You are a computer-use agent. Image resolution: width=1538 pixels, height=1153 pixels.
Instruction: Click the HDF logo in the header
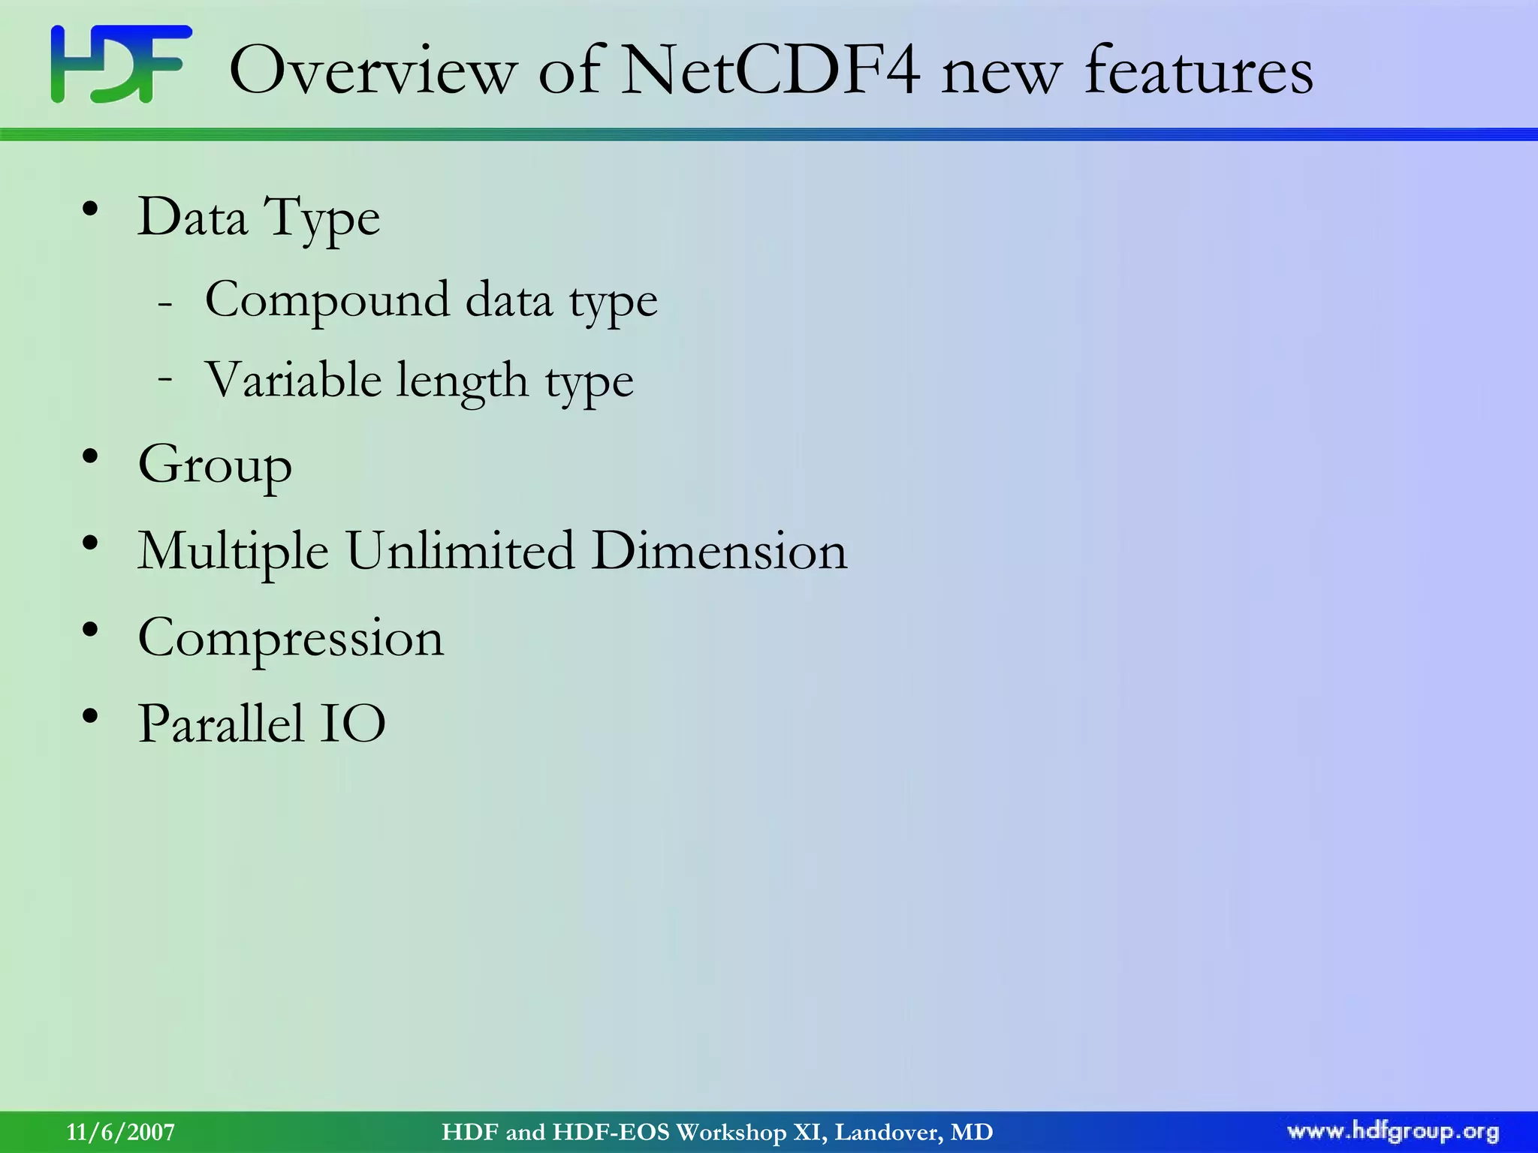pyautogui.click(x=121, y=65)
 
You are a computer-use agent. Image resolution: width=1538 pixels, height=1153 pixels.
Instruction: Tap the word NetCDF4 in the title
pyautogui.click(x=771, y=71)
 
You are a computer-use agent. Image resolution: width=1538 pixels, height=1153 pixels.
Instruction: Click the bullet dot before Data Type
pyautogui.click(x=90, y=211)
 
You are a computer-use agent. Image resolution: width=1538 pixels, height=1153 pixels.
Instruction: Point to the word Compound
pyautogui.click(x=327, y=300)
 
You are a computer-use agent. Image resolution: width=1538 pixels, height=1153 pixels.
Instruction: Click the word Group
pyautogui.click(x=215, y=466)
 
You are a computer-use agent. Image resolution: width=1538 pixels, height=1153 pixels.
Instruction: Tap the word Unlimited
pyautogui.click(x=460, y=551)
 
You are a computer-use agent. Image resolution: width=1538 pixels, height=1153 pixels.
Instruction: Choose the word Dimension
pyautogui.click(x=719, y=551)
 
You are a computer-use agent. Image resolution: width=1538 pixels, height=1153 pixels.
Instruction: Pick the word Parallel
pyautogui.click(x=221, y=724)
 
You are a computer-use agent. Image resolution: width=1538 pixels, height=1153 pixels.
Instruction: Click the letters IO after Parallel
pyautogui.click(x=353, y=724)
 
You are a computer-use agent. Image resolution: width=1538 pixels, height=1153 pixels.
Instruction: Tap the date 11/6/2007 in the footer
pyautogui.click(x=120, y=1132)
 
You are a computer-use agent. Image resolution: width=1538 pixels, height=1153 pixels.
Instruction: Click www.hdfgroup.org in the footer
pyautogui.click(x=1392, y=1131)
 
